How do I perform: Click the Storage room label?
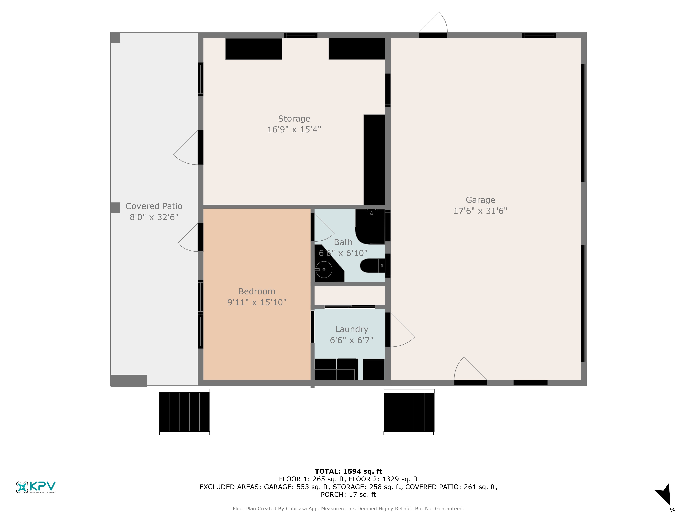click(x=294, y=119)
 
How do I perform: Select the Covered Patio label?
click(x=154, y=206)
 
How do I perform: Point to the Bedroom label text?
click(x=257, y=292)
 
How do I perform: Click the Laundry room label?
click(x=352, y=329)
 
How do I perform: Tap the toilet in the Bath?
click(x=372, y=266)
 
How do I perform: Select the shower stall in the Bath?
click(x=370, y=226)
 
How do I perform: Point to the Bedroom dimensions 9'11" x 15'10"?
click(x=257, y=302)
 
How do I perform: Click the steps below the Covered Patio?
click(x=184, y=412)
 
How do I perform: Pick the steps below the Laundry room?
click(x=409, y=412)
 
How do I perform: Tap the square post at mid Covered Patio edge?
click(x=115, y=208)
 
